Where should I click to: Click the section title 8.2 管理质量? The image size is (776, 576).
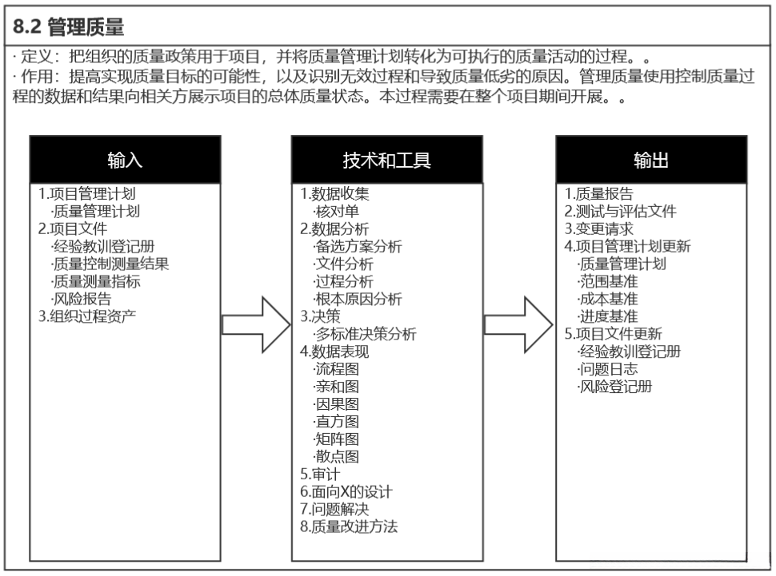(70, 27)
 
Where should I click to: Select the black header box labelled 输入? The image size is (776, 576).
(125, 160)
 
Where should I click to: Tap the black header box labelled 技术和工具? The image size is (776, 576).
(387, 160)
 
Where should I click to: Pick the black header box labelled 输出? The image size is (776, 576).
(651, 160)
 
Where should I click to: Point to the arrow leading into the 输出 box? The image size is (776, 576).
(518, 325)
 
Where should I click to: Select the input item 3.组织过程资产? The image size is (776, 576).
(87, 316)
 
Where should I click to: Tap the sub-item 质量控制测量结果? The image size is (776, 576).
(110, 264)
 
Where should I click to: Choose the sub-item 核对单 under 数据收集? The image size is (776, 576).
(336, 211)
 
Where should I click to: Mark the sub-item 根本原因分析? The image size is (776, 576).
(358, 299)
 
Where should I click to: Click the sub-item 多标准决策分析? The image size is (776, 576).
(365, 334)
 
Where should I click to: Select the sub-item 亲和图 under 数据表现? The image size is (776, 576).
(336, 387)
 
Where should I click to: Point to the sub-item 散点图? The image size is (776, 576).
(336, 457)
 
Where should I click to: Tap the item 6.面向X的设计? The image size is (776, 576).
(346, 492)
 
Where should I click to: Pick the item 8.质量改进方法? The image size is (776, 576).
(349, 526)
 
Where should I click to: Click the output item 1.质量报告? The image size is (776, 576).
(598, 194)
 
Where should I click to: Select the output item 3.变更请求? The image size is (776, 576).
(598, 228)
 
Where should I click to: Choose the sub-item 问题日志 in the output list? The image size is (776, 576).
(607, 369)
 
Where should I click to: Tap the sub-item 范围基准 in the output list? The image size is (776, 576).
(607, 281)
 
